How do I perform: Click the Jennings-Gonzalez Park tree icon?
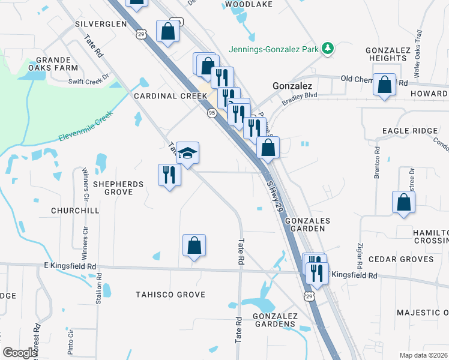tap(328, 48)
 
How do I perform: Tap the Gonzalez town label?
tap(292, 86)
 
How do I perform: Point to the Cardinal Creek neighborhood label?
tap(163, 96)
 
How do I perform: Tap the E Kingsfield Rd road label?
tap(70, 266)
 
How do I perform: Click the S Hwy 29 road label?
tap(274, 189)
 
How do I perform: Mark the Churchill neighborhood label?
tap(75, 211)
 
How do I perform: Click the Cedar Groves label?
tap(400, 259)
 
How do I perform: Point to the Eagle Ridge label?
tap(407, 131)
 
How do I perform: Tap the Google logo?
tap(20, 353)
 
